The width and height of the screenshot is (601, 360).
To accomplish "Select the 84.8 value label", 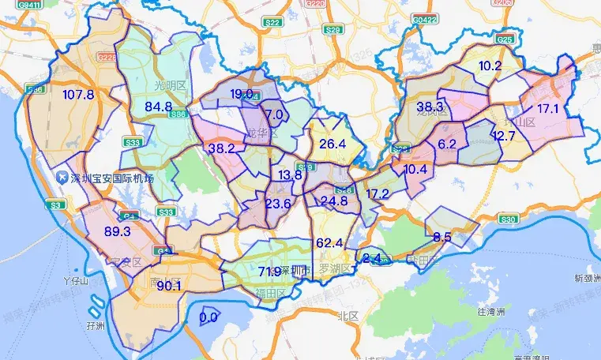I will (x=158, y=107).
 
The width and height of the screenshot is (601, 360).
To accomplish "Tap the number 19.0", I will (x=242, y=94).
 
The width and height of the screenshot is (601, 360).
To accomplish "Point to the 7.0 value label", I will (x=274, y=114).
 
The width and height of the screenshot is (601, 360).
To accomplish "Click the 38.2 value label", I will (x=222, y=148).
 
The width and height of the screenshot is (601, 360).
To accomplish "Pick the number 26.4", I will (x=332, y=144).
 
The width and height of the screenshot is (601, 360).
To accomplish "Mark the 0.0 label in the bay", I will (x=208, y=317).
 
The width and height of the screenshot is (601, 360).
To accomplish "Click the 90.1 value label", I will (x=168, y=286).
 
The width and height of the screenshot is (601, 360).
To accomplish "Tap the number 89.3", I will (x=117, y=231).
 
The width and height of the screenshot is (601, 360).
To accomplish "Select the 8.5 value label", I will (x=442, y=237).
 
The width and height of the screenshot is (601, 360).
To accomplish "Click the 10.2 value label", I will (x=490, y=66).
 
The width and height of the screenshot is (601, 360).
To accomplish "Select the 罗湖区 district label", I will (x=334, y=268).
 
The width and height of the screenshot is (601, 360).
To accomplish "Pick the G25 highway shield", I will (x=505, y=39).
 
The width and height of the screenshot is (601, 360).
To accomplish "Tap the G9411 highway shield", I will (x=30, y=5).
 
